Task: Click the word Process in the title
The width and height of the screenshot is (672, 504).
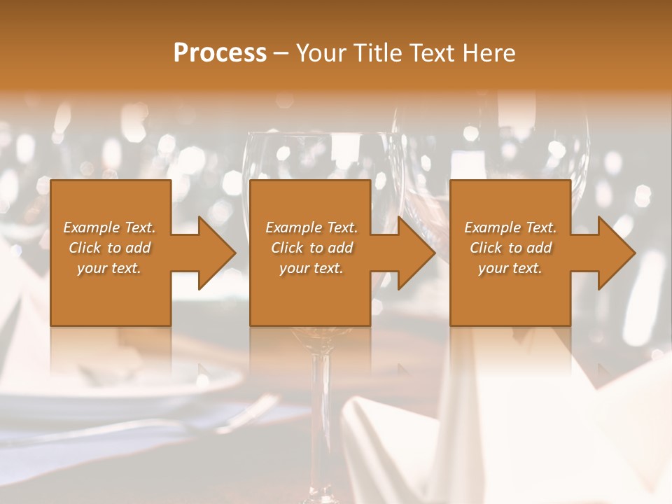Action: pyautogui.click(x=220, y=53)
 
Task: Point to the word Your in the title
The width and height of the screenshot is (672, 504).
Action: pyautogui.click(x=322, y=53)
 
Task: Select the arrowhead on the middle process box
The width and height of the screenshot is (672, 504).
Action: pyautogui.click(x=416, y=253)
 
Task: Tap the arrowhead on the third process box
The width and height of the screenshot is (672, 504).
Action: pyautogui.click(x=616, y=253)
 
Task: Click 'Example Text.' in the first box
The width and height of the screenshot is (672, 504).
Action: pyautogui.click(x=109, y=227)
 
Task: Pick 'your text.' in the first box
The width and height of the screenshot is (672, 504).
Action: pyautogui.click(x=109, y=268)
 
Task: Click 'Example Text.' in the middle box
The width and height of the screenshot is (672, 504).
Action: pyautogui.click(x=311, y=227)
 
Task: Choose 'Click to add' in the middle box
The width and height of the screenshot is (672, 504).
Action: pyautogui.click(x=311, y=248)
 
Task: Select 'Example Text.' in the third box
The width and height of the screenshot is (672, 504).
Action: pyautogui.click(x=510, y=227)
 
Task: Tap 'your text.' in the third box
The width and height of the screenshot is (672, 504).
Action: pyautogui.click(x=510, y=268)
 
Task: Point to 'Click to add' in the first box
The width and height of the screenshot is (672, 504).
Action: pyautogui.click(x=109, y=248)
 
